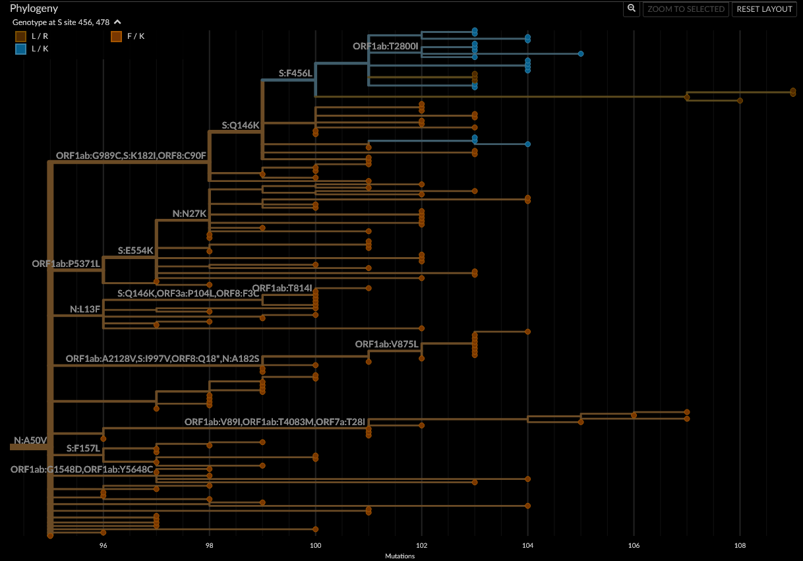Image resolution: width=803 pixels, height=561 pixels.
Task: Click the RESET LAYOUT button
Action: (765, 9)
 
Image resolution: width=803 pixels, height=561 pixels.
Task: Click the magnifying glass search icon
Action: (632, 9)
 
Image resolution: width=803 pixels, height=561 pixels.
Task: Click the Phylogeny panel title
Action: (34, 9)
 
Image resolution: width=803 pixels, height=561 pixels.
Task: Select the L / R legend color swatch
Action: (21, 36)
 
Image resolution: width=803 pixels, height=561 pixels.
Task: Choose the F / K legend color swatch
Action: (116, 36)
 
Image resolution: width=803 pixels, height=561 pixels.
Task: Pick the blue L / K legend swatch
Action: (21, 49)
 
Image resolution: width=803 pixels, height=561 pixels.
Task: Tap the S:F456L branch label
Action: (295, 73)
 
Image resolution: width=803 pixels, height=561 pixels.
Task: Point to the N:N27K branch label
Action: (190, 214)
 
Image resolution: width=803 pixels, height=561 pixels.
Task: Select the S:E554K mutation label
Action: (135, 251)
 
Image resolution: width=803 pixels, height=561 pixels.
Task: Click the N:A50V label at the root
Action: (30, 440)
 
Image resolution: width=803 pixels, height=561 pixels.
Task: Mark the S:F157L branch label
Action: (83, 448)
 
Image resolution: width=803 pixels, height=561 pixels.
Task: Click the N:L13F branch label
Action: (85, 309)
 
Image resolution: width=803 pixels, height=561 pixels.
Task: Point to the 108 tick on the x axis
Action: (740, 546)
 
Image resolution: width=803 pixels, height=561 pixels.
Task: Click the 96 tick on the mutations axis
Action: (104, 546)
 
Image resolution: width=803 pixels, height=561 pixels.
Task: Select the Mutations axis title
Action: (400, 556)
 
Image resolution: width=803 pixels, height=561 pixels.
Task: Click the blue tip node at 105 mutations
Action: (581, 53)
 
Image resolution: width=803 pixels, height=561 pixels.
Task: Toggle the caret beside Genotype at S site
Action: (117, 22)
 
